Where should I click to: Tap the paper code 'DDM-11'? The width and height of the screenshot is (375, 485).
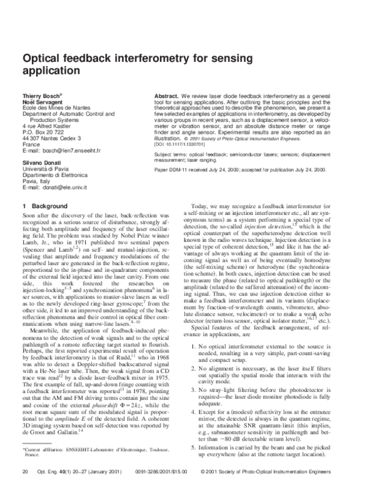[x=176, y=169]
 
